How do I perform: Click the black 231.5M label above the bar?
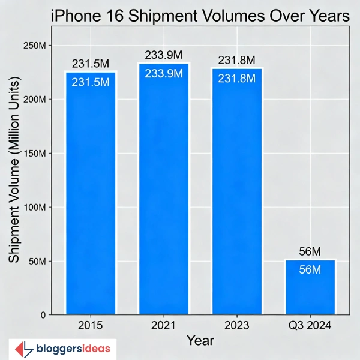pyautogui.click(x=91, y=64)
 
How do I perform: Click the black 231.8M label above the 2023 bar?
pyautogui.click(x=236, y=61)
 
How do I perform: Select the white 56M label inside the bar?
pyautogui.click(x=310, y=270)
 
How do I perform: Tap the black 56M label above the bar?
pyautogui.click(x=310, y=252)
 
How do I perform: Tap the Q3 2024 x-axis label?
pyautogui.click(x=310, y=326)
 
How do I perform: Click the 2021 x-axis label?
pyautogui.click(x=163, y=326)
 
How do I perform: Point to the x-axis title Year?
pyautogui.click(x=200, y=341)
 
